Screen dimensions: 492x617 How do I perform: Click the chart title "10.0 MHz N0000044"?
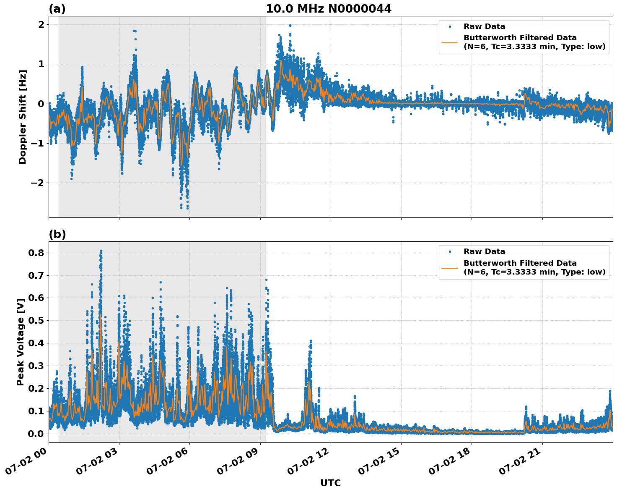point(329,9)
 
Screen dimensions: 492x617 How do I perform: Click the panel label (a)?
point(57,9)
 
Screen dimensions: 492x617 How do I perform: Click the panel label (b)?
point(57,234)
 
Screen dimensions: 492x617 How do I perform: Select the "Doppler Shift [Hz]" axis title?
point(23,117)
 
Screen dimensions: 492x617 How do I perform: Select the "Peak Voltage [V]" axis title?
point(21,342)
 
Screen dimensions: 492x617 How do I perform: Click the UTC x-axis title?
point(330,483)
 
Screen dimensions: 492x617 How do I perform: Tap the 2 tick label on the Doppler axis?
point(41,24)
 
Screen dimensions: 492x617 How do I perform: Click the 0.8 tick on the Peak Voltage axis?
point(36,253)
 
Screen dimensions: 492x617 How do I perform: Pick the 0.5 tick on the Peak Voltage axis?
point(36,320)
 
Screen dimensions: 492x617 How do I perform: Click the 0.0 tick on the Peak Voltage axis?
point(36,433)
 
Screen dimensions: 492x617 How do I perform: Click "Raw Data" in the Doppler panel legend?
point(484,26)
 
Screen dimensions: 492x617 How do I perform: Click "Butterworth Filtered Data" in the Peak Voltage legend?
point(520,263)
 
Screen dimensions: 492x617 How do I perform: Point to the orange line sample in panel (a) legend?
point(449,42)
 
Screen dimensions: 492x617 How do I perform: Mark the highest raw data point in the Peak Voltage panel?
point(101,251)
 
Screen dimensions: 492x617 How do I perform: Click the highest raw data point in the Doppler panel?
point(290,26)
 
